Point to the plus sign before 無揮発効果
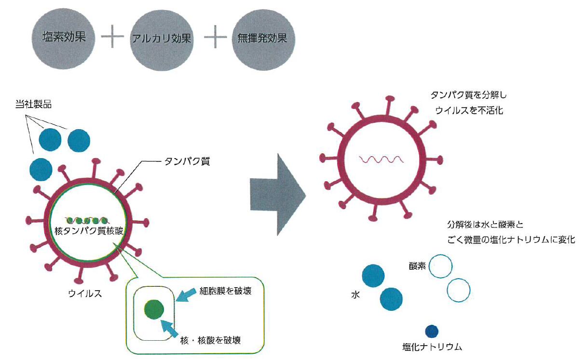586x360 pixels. pyautogui.click(x=215, y=39)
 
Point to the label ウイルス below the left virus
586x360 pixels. pyautogui.click(x=84, y=293)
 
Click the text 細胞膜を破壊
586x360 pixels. pyautogui.click(x=226, y=291)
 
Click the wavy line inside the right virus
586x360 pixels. pyautogui.click(x=380, y=159)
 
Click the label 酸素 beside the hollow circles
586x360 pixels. pyautogui.click(x=417, y=266)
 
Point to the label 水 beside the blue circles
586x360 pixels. pyautogui.click(x=356, y=293)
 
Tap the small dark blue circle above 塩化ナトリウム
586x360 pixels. pyautogui.click(x=432, y=331)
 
